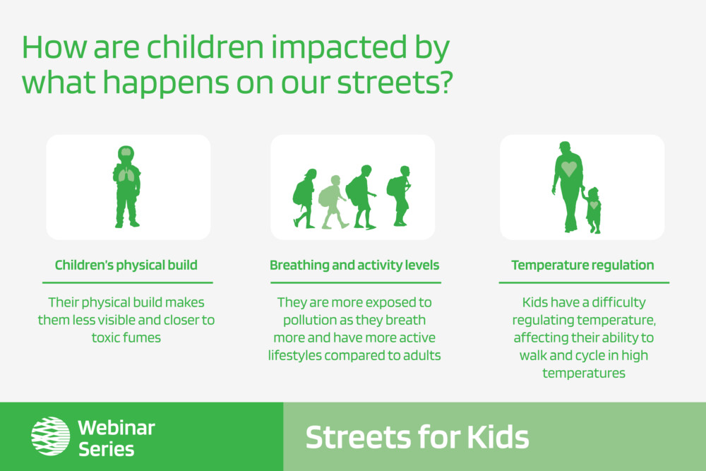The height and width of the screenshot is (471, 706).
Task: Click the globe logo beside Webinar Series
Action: pyautogui.click(x=50, y=436)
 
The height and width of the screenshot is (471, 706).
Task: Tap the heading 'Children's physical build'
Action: pyautogui.click(x=126, y=266)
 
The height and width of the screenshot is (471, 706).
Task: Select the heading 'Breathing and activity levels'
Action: pyautogui.click(x=354, y=266)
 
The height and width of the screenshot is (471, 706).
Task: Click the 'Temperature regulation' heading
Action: pyautogui.click(x=582, y=266)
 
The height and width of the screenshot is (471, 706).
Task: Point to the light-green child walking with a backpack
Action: pyautogui.click(x=333, y=202)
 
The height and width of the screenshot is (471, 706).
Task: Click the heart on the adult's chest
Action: pyautogui.click(x=568, y=169)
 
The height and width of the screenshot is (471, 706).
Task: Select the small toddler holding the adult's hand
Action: pyautogui.click(x=592, y=210)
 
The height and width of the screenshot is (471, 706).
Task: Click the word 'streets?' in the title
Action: pyautogui.click(x=395, y=83)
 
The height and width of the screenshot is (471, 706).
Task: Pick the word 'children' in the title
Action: pyautogui.click(x=205, y=47)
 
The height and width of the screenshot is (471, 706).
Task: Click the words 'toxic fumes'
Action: pyautogui.click(x=126, y=338)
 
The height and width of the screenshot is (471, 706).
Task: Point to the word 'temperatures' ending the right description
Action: pyautogui.click(x=584, y=374)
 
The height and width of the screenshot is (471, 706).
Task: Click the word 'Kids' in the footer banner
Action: pyautogui.click(x=498, y=437)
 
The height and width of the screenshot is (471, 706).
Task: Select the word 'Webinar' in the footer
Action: pyautogui.click(x=116, y=428)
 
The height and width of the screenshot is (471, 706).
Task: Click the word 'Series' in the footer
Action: pyautogui.click(x=107, y=449)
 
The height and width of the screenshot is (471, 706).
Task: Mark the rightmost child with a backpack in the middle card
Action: pyautogui.click(x=399, y=196)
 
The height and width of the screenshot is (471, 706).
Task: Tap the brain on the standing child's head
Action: pyautogui.click(x=126, y=153)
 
